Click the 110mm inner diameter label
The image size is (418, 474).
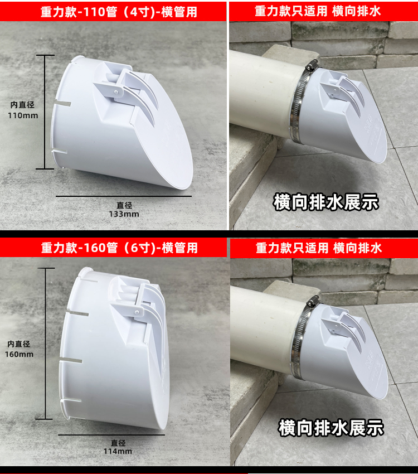click(23, 110)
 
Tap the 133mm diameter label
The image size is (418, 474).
click(124, 210)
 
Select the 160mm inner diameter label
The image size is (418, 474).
click(19, 349)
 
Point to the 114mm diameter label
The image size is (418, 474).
click(118, 447)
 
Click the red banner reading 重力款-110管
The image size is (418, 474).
click(113, 12)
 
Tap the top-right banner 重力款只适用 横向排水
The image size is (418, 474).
click(323, 11)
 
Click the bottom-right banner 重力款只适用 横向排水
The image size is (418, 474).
click(324, 248)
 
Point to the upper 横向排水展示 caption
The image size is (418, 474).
click(326, 202)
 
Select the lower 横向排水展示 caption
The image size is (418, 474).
click(330, 428)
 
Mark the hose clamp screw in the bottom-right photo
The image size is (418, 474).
click(313, 301)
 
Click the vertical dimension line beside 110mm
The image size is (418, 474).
click(45, 112)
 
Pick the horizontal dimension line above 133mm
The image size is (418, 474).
click(124, 196)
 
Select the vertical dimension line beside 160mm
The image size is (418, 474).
click(46, 344)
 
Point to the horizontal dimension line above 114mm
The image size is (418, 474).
click(111, 435)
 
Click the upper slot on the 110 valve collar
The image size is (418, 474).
click(62, 104)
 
